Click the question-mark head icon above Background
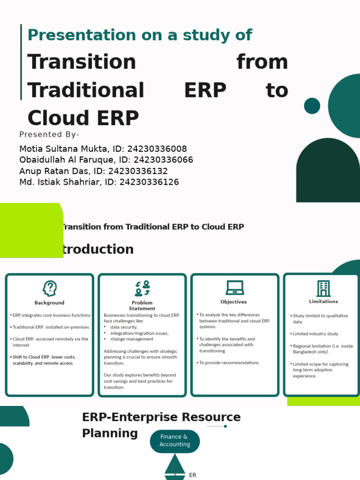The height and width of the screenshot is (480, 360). pyautogui.click(x=50, y=288)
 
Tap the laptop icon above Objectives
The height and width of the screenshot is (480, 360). pyautogui.click(x=235, y=287)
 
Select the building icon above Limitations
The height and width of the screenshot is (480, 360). pyautogui.click(x=323, y=288)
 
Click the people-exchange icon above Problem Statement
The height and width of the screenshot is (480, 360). pyautogui.click(x=142, y=288)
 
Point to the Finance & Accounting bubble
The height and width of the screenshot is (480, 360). pyautogui.click(x=175, y=441)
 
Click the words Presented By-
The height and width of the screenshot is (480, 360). pyautogui.click(x=49, y=135)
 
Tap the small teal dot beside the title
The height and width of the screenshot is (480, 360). pyautogui.click(x=312, y=106)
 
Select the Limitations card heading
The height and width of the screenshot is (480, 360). pyautogui.click(x=323, y=301)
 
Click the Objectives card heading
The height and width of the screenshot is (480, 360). pyautogui.click(x=233, y=302)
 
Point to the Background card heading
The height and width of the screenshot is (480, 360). pyautogui.click(x=50, y=303)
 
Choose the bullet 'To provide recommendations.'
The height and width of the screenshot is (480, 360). pyautogui.click(x=229, y=363)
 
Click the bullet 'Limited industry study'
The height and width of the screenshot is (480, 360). pyautogui.click(x=315, y=334)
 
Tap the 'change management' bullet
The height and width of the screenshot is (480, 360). pyautogui.click(x=132, y=339)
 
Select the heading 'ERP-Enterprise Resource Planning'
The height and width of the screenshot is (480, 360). pyautogui.click(x=161, y=425)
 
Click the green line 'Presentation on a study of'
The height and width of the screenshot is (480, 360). pyautogui.click(x=140, y=35)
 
